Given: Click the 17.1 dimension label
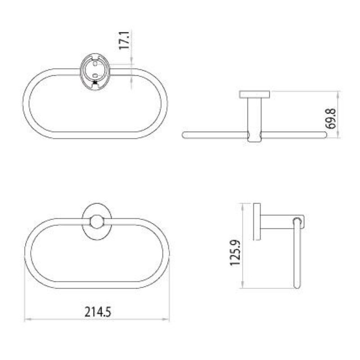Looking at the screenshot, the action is click(124, 40).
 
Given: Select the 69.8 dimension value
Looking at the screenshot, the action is click(331, 119).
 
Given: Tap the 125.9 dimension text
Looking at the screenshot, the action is click(235, 253).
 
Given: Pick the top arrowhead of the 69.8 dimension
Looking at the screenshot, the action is click(338, 94).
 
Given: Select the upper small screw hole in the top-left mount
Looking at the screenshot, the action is click(95, 63).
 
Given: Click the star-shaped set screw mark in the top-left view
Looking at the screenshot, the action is click(95, 82).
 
